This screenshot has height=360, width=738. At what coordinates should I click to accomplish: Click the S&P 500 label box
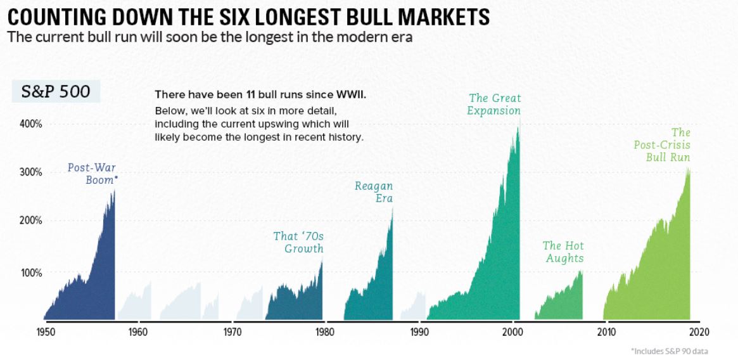pos(56,92)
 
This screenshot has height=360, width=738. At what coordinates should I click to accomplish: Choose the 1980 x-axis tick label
pos(324,331)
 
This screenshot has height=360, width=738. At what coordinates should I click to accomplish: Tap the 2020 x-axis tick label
pos(699,331)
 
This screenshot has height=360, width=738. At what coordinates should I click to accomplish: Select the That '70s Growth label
pos(298,242)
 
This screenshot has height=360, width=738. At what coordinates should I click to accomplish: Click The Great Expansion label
pos(494,105)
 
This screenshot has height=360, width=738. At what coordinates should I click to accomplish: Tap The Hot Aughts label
pos(563,252)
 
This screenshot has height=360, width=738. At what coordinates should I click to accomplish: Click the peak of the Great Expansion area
pos(519,127)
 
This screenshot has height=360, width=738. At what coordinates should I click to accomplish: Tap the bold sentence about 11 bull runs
pos(261,95)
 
